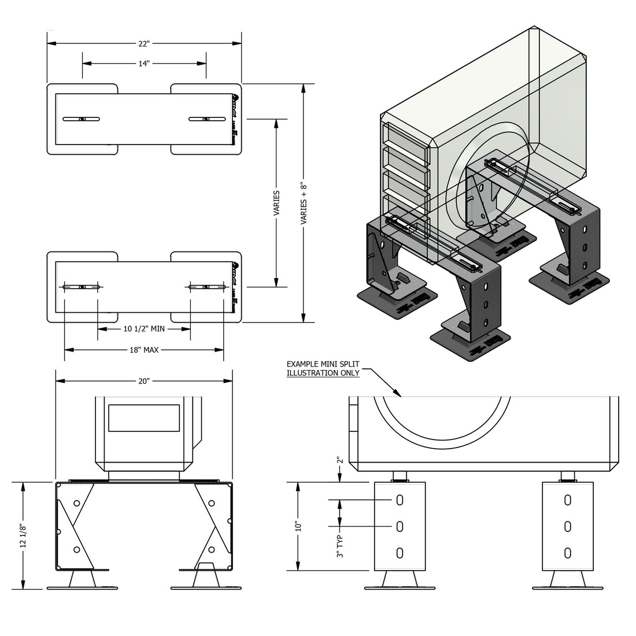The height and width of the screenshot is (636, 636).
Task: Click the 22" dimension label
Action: pyautogui.click(x=144, y=43)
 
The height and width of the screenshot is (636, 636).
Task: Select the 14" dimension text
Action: pyautogui.click(x=144, y=64)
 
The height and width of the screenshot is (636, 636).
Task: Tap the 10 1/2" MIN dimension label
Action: pyautogui.click(x=144, y=329)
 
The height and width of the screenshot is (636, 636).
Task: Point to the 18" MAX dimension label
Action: pyautogui.click(x=144, y=350)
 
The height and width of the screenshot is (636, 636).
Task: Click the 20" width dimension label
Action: pyautogui.click(x=144, y=381)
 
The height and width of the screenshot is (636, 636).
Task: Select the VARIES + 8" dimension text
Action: pyautogui.click(x=302, y=202)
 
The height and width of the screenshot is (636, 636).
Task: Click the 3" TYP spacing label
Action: pyautogui.click(x=340, y=546)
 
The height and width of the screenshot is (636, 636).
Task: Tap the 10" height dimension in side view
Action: pyautogui.click(x=298, y=527)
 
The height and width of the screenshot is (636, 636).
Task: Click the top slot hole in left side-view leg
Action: pyautogui.click(x=400, y=500)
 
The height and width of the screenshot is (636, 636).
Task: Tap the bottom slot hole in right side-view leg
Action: pyautogui.click(x=568, y=552)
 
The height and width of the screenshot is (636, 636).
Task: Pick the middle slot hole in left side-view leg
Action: pyautogui.click(x=400, y=526)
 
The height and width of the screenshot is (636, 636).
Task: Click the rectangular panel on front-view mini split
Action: pyautogui.click(x=144, y=418)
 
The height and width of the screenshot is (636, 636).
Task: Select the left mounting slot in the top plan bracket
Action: pyautogui.click(x=82, y=119)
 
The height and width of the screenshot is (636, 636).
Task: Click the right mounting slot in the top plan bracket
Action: pyautogui.click(x=206, y=119)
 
